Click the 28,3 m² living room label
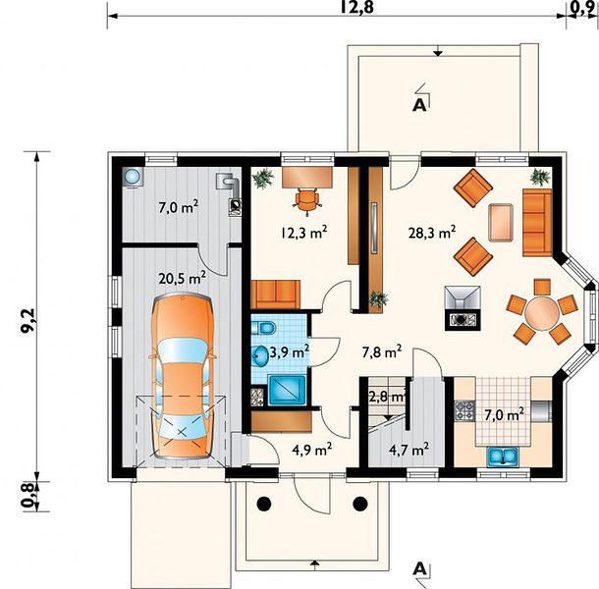[x=432, y=233]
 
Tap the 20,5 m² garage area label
[x=183, y=278]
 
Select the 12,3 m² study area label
[x=304, y=233]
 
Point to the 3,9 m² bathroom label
[x=290, y=352]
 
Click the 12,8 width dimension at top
[x=355, y=6]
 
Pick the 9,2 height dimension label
[x=29, y=321]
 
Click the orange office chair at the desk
[x=306, y=198]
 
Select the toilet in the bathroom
[x=263, y=328]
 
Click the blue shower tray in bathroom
[x=287, y=391]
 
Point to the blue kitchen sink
[x=503, y=456]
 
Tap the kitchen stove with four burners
[x=464, y=411]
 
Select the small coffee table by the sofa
[x=501, y=223]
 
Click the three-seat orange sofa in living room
[x=537, y=222]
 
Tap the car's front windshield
[x=183, y=351]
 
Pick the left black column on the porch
[x=263, y=504]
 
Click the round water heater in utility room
[x=133, y=177]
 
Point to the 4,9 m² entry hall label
[x=311, y=450]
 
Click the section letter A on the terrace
[x=419, y=105]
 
